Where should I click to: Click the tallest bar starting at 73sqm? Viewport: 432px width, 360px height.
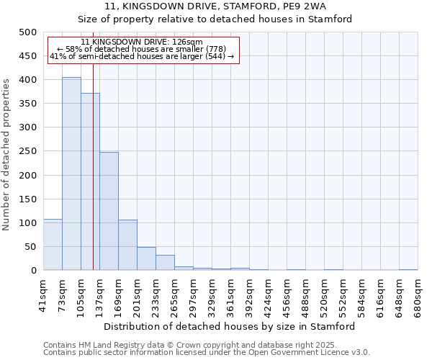point(71,174)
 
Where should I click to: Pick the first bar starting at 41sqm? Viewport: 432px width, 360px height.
point(53,245)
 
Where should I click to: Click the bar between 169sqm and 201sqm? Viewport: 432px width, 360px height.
point(127,245)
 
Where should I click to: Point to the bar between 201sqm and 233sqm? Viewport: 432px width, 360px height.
point(146,258)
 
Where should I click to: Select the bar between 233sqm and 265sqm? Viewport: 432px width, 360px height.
point(165,263)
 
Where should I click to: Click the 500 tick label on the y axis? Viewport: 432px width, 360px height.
point(27,32)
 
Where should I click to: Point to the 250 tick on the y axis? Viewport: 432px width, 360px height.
point(27,151)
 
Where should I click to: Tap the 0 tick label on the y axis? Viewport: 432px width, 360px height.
point(33,271)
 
